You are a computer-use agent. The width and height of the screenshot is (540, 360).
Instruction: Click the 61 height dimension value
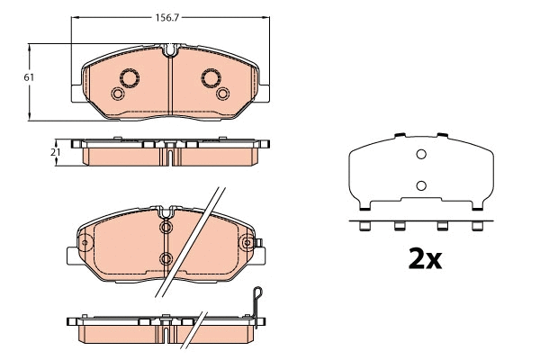click(29, 78)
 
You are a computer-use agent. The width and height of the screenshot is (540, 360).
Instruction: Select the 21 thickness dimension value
click(55, 153)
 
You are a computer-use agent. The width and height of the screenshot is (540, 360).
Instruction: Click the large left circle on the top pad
click(126, 77)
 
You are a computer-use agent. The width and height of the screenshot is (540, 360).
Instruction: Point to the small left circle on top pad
click(116, 94)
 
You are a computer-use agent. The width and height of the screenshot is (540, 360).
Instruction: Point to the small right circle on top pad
click(222, 94)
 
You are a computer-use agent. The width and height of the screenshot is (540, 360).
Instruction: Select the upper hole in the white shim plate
click(419, 155)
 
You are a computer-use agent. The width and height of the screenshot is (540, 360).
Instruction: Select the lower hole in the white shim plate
click(419, 186)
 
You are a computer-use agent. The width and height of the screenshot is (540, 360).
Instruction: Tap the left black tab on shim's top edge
click(397, 136)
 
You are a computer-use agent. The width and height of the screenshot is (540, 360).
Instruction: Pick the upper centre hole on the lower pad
click(166, 227)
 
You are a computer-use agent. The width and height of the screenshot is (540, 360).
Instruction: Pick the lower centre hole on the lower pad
click(166, 259)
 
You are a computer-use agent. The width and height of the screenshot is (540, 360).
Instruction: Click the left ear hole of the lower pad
click(85, 242)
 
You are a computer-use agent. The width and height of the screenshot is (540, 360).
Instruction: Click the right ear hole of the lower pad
click(247, 241)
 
